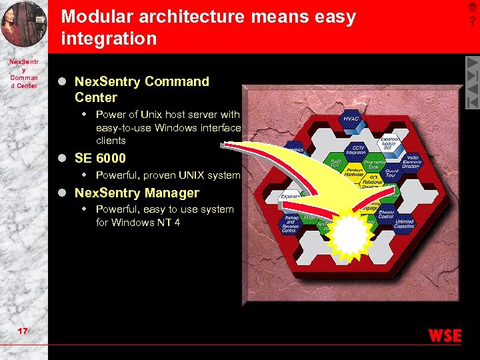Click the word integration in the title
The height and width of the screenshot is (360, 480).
(x=109, y=39)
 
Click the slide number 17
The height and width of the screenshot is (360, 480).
(x=23, y=331)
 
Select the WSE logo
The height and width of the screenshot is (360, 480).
(x=445, y=336)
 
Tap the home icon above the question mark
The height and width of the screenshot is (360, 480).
(x=472, y=7)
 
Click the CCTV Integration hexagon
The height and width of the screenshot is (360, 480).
(x=359, y=150)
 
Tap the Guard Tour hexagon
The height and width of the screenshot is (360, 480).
(x=391, y=173)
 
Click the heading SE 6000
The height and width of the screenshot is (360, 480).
(x=100, y=159)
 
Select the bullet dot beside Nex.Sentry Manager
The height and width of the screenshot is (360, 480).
(x=62, y=193)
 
